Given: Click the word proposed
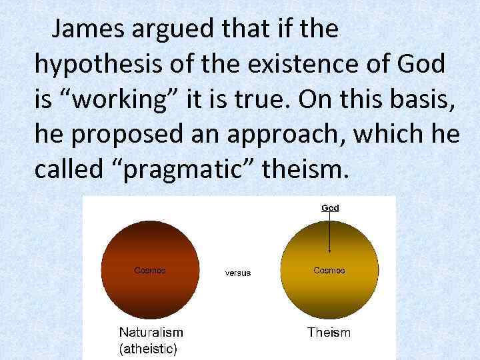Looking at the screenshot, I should pyautogui.click(x=133, y=135).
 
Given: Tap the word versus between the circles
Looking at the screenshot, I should pyautogui.click(x=238, y=273).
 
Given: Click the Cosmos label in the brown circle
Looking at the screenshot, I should pyautogui.click(x=150, y=271).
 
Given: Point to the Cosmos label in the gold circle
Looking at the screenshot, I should pyautogui.click(x=329, y=271).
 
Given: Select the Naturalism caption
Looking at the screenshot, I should pyautogui.click(x=151, y=331).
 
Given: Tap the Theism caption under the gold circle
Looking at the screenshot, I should pyautogui.click(x=329, y=331).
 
